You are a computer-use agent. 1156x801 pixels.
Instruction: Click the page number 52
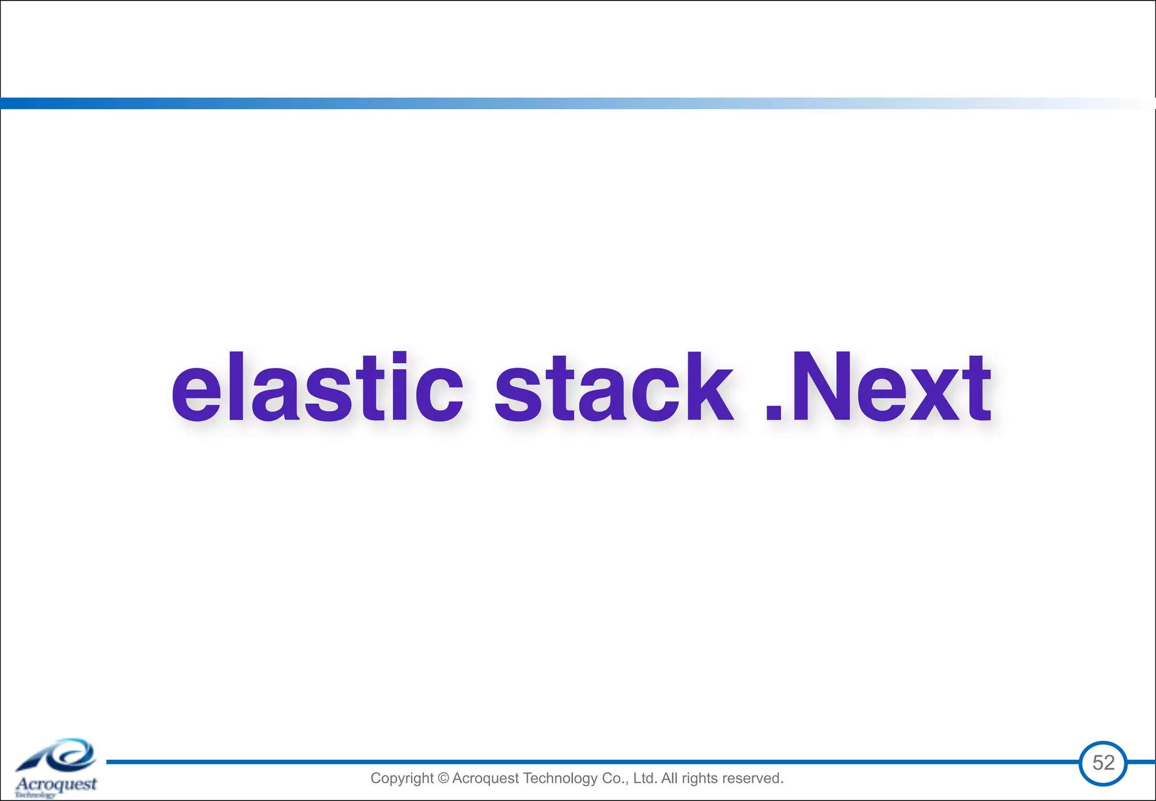pyautogui.click(x=1103, y=763)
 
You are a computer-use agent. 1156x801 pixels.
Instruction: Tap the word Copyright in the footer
pyautogui.click(x=402, y=778)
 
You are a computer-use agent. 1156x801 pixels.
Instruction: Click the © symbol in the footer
pyautogui.click(x=443, y=778)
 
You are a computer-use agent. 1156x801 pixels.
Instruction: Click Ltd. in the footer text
pyautogui.click(x=645, y=778)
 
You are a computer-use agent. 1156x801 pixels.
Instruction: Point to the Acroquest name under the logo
pyautogui.click(x=56, y=784)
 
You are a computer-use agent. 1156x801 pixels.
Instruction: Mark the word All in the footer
pyautogui.click(x=669, y=778)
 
